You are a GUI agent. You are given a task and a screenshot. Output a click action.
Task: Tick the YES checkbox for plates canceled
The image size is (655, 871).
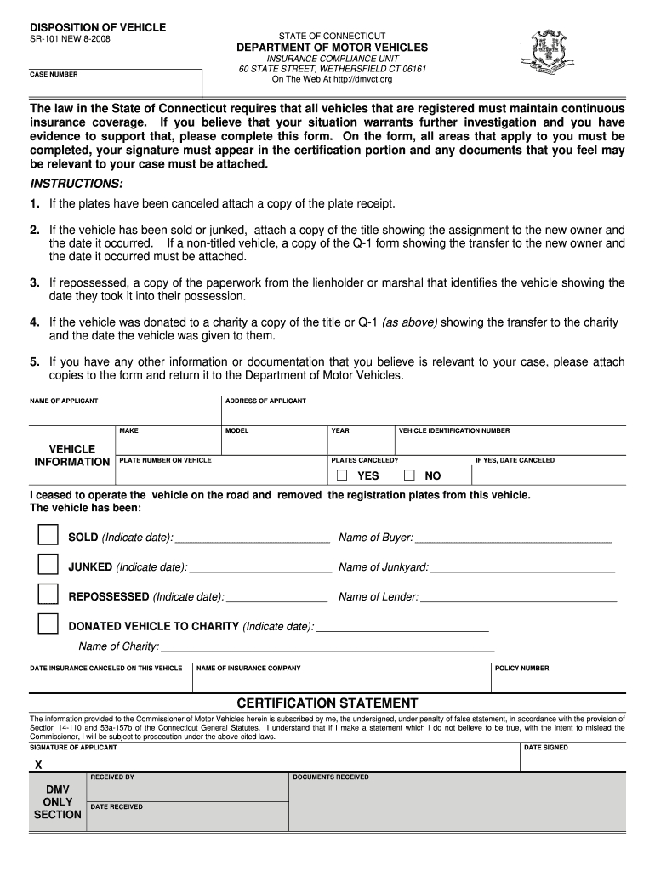tap(342, 475)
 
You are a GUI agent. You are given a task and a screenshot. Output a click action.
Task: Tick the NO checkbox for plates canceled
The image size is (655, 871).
tap(409, 475)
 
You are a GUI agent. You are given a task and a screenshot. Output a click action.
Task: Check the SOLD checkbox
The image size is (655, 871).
tap(48, 534)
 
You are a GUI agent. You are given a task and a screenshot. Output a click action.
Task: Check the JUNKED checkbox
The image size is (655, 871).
tap(48, 564)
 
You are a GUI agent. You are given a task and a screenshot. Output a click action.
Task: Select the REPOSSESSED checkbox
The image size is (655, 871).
tap(48, 594)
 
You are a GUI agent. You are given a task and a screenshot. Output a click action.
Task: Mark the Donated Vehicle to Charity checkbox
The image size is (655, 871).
tap(48, 623)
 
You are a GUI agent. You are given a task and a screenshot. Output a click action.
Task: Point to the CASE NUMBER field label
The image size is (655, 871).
tap(54, 75)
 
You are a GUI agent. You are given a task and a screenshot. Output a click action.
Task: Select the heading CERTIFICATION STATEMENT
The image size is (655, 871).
tap(327, 703)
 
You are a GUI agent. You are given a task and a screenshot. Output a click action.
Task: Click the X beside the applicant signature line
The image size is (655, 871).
tap(38, 765)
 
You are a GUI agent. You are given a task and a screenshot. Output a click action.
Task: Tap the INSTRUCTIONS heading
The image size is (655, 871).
tap(77, 184)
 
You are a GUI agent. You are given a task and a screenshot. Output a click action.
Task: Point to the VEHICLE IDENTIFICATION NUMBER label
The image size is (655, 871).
tap(454, 431)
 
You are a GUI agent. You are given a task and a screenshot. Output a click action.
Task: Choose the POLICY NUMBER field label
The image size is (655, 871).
tap(521, 669)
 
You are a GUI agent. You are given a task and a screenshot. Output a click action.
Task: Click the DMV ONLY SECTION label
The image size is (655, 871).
tap(57, 802)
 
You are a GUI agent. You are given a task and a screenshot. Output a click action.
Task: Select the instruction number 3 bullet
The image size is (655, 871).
tap(35, 282)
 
